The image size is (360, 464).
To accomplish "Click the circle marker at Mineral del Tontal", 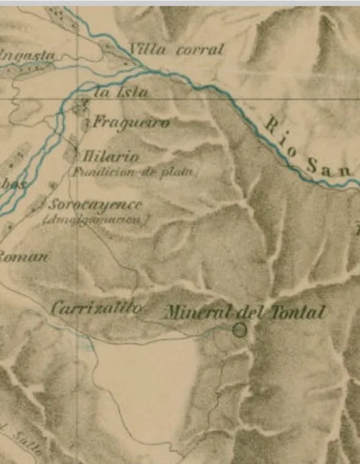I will [240, 330].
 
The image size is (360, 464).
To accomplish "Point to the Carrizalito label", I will [97, 308].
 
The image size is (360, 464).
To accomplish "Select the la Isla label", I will [122, 93].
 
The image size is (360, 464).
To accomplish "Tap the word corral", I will [200, 50].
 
